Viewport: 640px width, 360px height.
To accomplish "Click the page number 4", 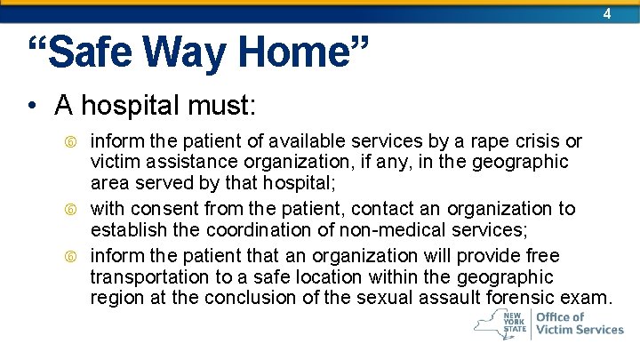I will coord(607,14).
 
